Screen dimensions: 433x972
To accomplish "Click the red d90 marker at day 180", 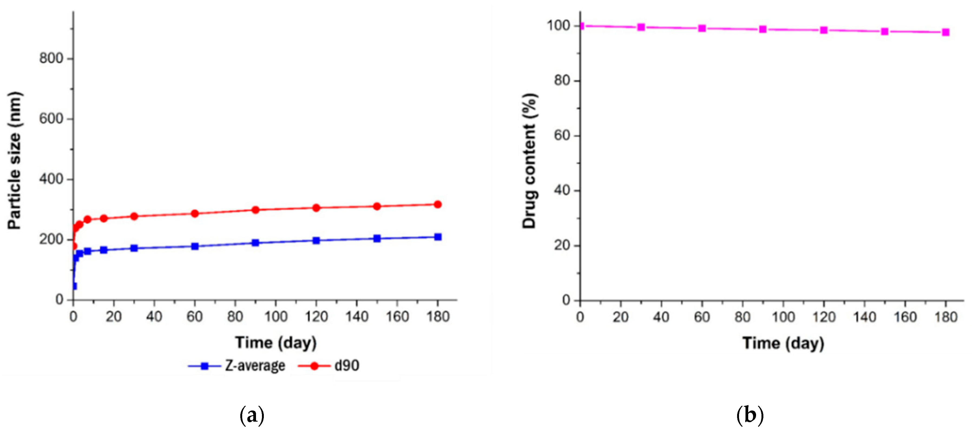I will [438, 204].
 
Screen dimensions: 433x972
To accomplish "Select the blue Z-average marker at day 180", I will [438, 237].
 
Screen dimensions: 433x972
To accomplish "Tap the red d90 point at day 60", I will [195, 214].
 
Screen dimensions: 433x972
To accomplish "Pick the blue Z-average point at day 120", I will [316, 240].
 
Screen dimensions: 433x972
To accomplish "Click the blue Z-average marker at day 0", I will [74, 286].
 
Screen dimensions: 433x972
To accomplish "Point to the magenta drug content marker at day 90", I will [763, 29].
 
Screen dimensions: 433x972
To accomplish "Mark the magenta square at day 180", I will [945, 32].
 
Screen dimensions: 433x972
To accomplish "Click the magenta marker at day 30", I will [641, 27].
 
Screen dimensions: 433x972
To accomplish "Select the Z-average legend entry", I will [237, 366].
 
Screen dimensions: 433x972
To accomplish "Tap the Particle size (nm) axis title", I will [14, 161].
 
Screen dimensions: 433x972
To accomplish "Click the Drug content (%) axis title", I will [529, 161].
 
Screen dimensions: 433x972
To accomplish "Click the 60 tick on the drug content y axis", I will [562, 136].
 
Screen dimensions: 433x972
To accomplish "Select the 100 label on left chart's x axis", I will [275, 317].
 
